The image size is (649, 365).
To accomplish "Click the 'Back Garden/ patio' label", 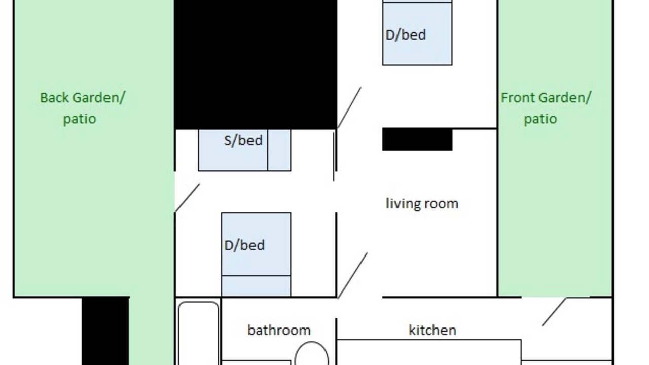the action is [x=83, y=108].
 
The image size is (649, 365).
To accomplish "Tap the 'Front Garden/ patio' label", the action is [x=546, y=108].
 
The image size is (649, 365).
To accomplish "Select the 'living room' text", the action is [x=422, y=203].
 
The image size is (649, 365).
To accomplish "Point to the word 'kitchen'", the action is [x=432, y=330].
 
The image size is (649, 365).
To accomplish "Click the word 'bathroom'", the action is [x=279, y=330].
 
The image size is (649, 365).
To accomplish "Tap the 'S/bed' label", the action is [x=243, y=140].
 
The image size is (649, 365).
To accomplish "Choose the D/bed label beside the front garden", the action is [x=406, y=35].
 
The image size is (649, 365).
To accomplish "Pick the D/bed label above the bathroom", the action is [x=244, y=245].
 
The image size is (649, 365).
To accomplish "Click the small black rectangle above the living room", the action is [x=417, y=139].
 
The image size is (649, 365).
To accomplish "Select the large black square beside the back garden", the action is [x=256, y=64].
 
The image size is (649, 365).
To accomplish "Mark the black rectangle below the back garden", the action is [x=105, y=331].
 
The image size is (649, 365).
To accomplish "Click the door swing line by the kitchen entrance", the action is [x=554, y=312].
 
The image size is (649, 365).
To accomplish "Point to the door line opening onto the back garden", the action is [x=188, y=198].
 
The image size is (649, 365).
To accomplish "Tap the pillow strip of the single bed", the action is [x=279, y=150].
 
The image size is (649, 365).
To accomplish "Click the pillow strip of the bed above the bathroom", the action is [x=256, y=286].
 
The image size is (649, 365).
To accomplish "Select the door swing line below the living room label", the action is [x=352, y=275].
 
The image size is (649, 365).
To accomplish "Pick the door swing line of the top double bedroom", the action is [x=349, y=107].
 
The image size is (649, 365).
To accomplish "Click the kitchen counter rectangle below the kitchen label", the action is [x=429, y=352].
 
